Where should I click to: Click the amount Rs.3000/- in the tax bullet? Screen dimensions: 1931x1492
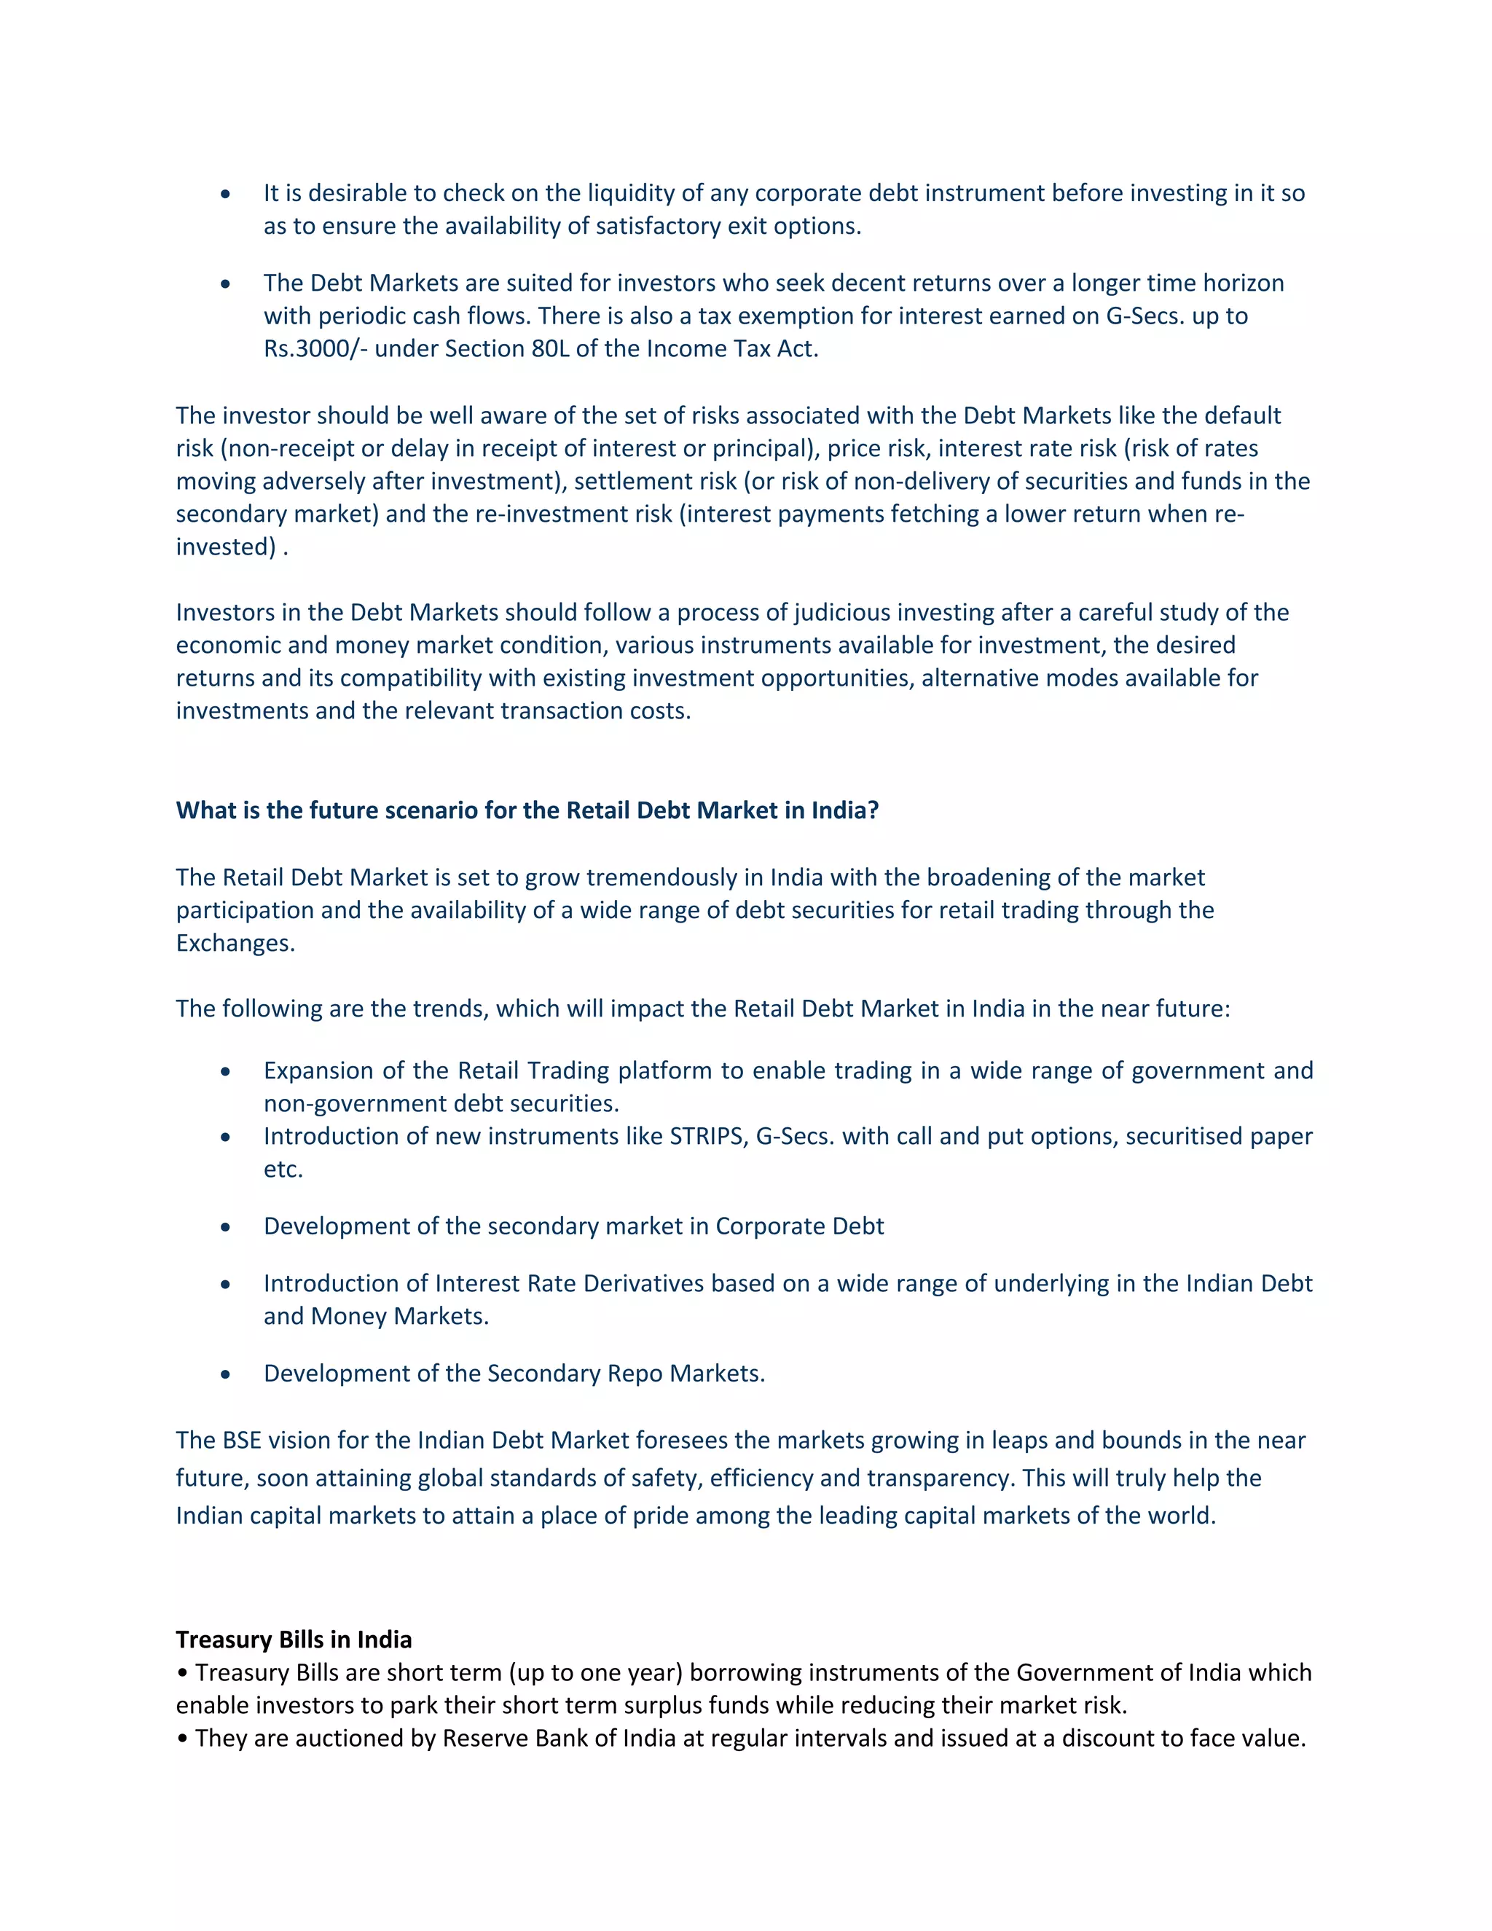point(315,349)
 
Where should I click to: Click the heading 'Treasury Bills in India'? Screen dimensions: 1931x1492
point(294,1640)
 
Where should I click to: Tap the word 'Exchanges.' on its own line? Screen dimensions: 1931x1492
point(235,944)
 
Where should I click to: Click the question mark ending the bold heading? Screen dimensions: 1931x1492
point(873,811)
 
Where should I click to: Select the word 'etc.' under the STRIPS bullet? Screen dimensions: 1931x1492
point(283,1170)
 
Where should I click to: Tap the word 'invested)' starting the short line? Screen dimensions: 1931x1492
point(225,547)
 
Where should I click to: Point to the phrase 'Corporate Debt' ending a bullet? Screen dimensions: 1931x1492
point(799,1227)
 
